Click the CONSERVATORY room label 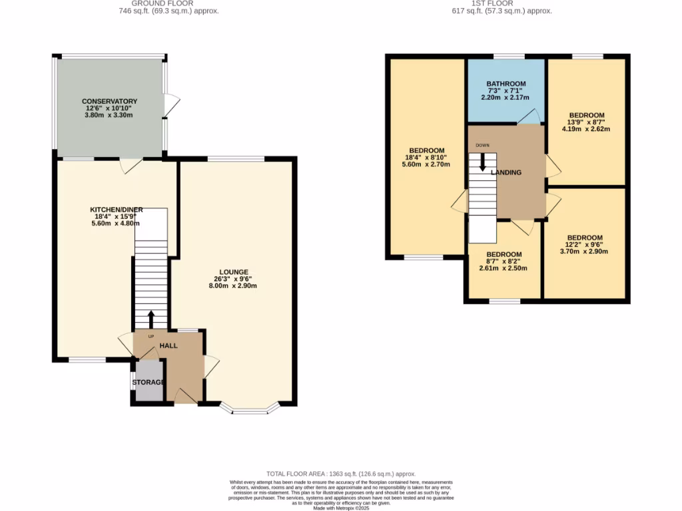[110, 101]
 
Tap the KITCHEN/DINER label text [117, 210]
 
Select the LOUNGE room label [231, 271]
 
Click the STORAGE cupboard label [148, 383]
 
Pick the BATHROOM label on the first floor [506, 84]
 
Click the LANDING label [506, 173]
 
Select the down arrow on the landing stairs [482, 162]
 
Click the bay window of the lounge [250, 409]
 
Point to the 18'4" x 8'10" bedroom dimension [426, 158]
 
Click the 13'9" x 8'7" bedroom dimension [586, 122]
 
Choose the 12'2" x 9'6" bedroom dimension [585, 246]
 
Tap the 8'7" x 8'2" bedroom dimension [504, 261]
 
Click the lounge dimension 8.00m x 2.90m [231, 286]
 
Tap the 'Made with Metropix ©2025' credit [340, 508]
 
